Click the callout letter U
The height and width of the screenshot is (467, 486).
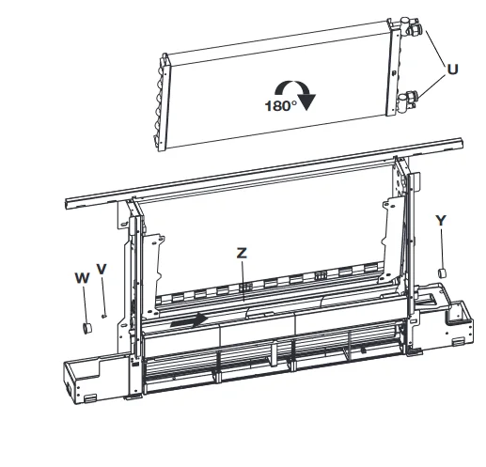(452, 70)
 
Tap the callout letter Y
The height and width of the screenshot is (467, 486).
(441, 221)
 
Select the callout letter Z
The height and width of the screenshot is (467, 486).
(242, 253)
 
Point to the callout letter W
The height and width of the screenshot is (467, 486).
(82, 278)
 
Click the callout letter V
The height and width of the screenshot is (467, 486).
(102, 269)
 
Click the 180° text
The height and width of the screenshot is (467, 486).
(281, 106)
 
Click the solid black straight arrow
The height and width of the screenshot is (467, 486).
(189, 320)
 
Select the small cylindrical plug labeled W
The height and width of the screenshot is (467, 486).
(86, 328)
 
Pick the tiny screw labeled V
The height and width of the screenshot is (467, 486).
(104, 316)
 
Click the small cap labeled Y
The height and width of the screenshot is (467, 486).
(442, 272)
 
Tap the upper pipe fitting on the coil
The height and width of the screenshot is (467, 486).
(411, 26)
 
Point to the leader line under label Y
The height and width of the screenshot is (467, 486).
(442, 248)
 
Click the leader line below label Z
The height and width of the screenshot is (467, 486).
(243, 281)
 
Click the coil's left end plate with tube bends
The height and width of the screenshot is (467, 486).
(163, 102)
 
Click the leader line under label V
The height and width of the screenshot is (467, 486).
(103, 295)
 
